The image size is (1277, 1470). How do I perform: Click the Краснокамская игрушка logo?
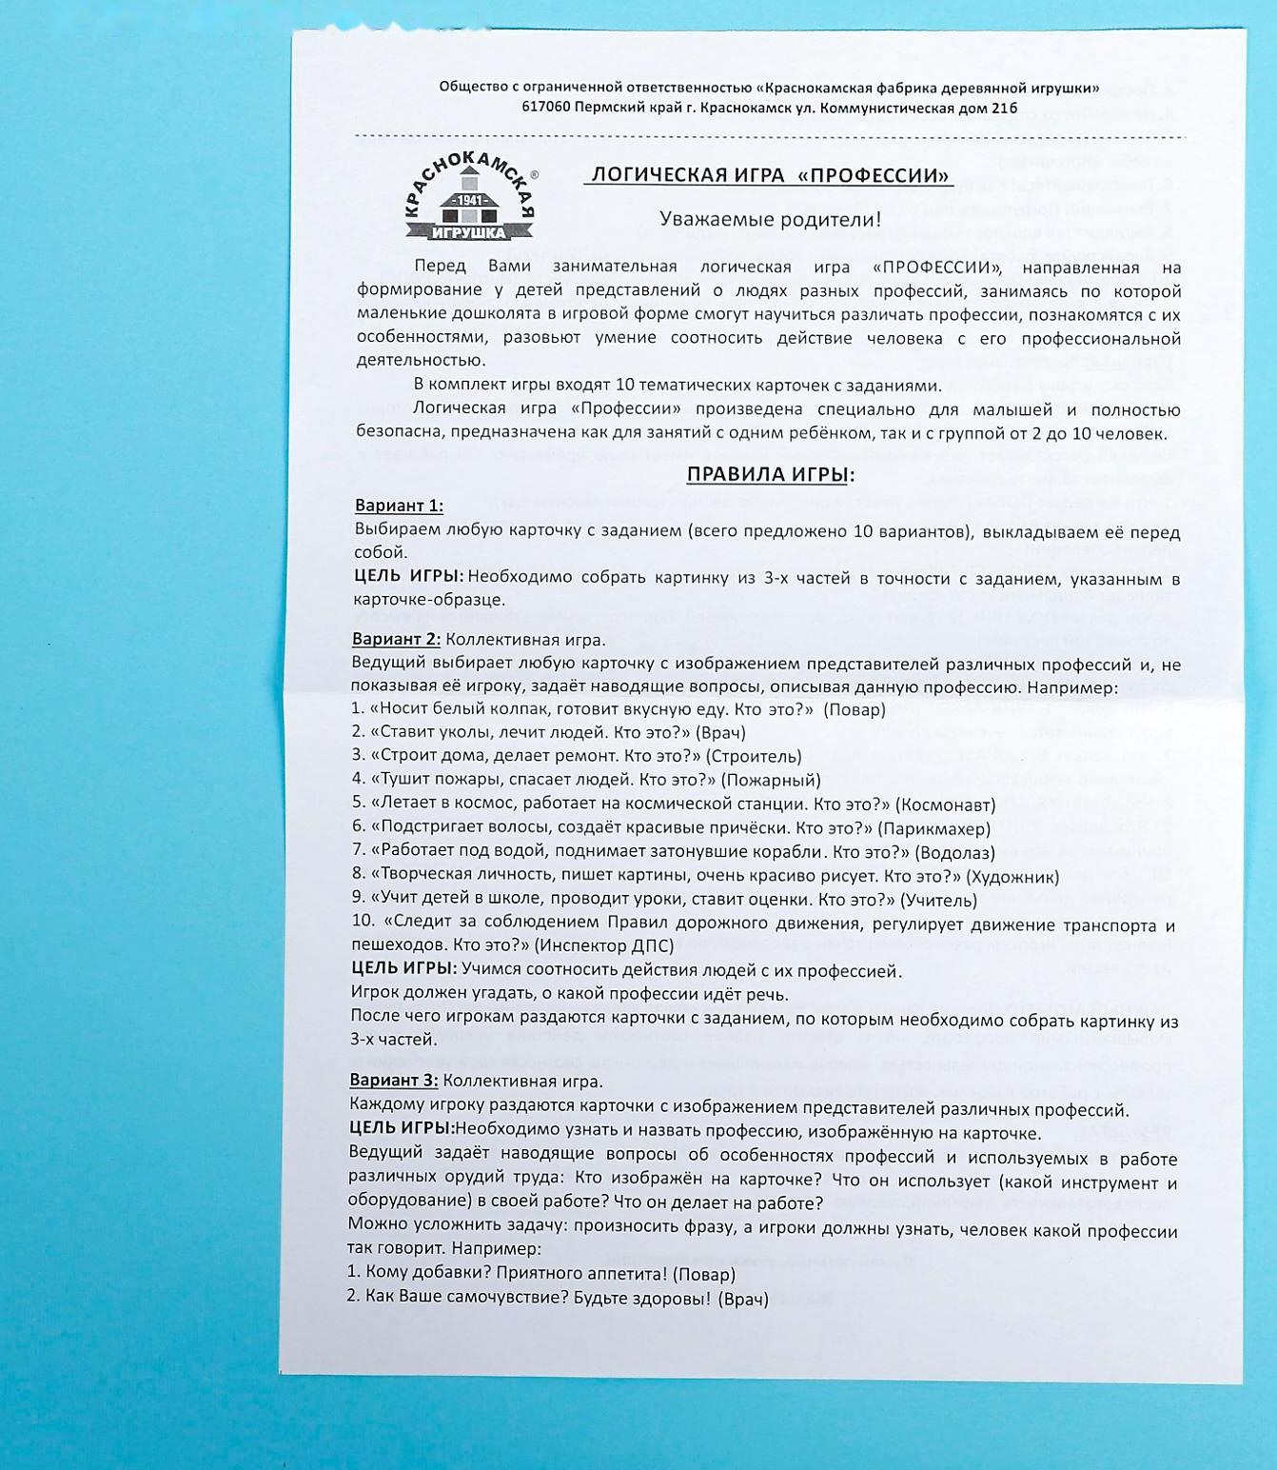469,199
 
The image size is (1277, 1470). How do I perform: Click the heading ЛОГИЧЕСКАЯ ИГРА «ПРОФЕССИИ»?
770,175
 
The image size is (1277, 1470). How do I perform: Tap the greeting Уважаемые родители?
771,219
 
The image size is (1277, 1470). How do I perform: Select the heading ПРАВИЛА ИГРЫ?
770,474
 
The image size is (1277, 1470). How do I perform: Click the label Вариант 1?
399,506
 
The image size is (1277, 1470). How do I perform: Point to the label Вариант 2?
396,639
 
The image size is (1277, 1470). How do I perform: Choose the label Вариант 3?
394,1080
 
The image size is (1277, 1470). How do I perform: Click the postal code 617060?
545,108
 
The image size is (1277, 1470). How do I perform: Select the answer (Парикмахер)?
933,828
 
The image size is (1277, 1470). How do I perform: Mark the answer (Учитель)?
938,900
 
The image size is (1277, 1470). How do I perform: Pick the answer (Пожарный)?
771,780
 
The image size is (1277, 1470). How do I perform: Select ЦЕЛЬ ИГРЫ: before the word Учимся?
404,968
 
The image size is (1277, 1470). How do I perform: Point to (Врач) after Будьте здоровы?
742,1298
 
